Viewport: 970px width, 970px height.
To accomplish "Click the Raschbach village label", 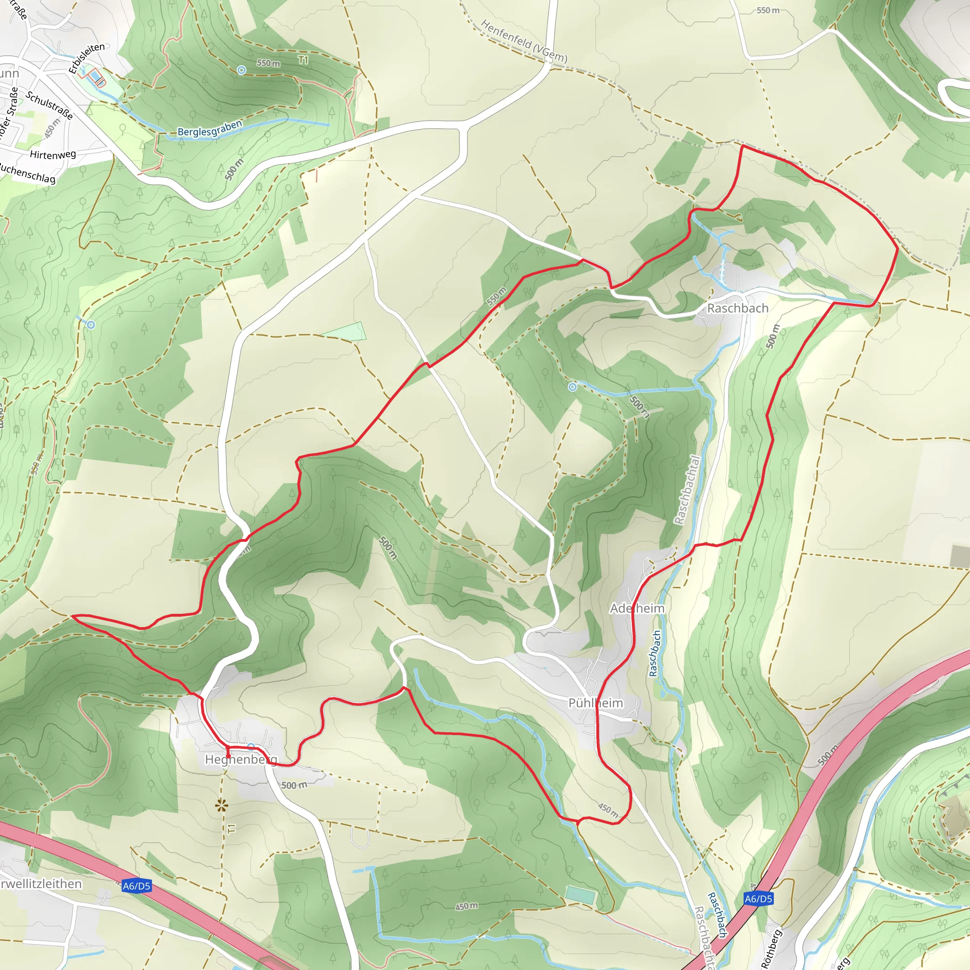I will pyautogui.click(x=737, y=308).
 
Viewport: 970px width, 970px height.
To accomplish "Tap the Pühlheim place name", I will pyautogui.click(x=595, y=703).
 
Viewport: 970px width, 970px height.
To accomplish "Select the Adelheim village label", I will pyautogui.click(x=637, y=609).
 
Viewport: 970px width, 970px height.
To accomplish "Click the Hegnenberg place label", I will pyautogui.click(x=241, y=759).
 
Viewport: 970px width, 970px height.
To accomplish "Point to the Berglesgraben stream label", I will pyautogui.click(x=210, y=128).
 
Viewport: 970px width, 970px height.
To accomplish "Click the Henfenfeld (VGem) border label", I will pyautogui.click(x=524, y=41).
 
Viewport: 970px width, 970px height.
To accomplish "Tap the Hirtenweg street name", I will pyautogui.click(x=53, y=154).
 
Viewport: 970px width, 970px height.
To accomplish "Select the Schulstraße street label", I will pyautogui.click(x=49, y=106).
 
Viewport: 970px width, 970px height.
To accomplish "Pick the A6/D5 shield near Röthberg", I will pyautogui.click(x=758, y=898).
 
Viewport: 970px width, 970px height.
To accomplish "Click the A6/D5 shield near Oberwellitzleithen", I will pyautogui.click(x=136, y=886).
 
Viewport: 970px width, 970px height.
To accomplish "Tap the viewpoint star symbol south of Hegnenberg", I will pyautogui.click(x=221, y=806).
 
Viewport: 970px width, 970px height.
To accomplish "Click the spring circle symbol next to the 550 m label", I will pyautogui.click(x=242, y=70).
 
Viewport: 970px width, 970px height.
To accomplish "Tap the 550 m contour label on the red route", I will pyautogui.click(x=496, y=296).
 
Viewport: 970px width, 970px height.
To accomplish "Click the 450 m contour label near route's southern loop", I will pyautogui.click(x=608, y=809).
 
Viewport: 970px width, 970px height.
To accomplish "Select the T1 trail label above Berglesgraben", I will pyautogui.click(x=303, y=60).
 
